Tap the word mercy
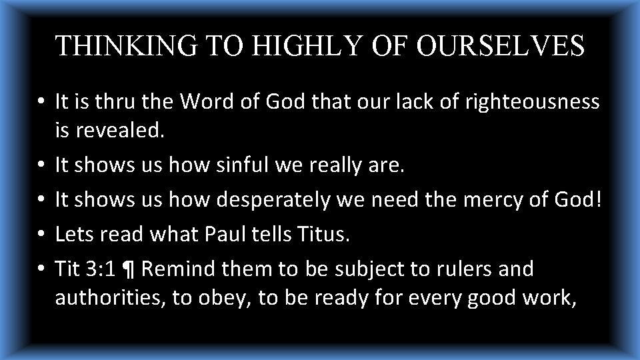(x=512, y=199)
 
